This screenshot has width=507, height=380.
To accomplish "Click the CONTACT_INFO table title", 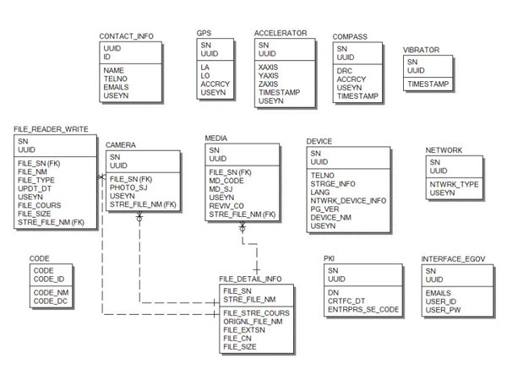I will (126, 36).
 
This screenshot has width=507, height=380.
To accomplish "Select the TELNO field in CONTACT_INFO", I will (116, 79).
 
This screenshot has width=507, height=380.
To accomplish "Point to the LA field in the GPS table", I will (205, 66).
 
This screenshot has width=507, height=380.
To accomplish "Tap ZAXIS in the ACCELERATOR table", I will (270, 83).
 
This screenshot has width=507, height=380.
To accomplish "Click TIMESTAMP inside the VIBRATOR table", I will (428, 85).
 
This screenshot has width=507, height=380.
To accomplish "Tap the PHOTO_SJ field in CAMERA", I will (128, 187).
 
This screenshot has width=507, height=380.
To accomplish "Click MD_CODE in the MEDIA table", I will (227, 180).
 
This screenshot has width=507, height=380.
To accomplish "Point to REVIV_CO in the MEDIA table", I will (226, 206).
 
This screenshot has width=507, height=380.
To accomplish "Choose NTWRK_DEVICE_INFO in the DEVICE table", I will (348, 200).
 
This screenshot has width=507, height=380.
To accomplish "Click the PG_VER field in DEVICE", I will (325, 209).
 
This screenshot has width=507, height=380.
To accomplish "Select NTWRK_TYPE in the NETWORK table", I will (455, 184).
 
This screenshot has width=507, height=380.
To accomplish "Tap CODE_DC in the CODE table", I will (50, 300).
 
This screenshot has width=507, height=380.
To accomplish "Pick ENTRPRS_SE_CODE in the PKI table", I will (363, 309).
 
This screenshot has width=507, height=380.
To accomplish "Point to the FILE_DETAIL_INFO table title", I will (250, 278).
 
